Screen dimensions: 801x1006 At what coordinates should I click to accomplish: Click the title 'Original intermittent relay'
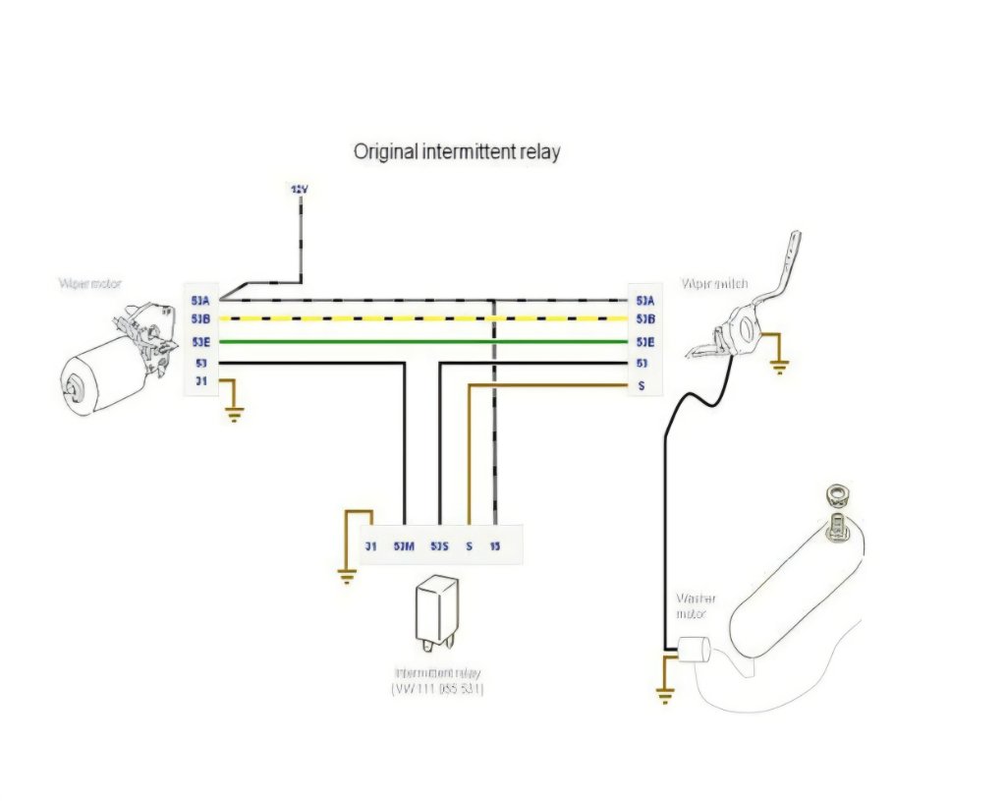(x=457, y=152)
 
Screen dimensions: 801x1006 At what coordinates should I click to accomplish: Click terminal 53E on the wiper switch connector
(x=645, y=342)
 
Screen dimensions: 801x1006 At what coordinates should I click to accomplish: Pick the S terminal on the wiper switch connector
(x=642, y=385)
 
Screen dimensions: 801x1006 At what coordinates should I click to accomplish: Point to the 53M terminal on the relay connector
(x=403, y=545)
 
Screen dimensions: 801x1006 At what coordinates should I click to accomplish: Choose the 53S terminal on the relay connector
(x=439, y=545)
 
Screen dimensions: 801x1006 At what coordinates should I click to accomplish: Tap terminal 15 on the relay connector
(x=496, y=545)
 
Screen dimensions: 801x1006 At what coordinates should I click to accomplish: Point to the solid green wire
(x=422, y=342)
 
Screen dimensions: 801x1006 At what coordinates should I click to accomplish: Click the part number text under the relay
(x=437, y=690)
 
